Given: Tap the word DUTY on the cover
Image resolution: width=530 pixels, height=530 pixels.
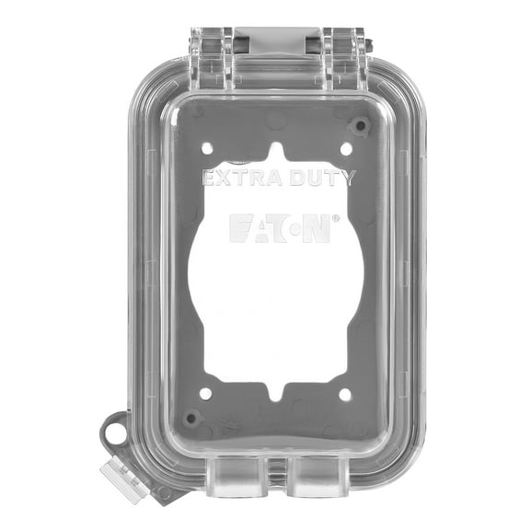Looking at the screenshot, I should [318, 178].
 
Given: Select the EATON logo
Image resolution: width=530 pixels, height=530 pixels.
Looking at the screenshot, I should [280, 228].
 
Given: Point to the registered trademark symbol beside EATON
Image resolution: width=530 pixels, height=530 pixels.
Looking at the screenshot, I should [336, 218].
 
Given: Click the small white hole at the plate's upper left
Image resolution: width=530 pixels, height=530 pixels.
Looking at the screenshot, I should [207, 147].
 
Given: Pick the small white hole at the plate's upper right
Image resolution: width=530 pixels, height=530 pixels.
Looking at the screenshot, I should [346, 148].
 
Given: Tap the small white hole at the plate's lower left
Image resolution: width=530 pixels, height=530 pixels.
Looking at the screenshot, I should [206, 393].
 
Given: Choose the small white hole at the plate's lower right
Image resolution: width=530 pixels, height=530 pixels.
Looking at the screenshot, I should [346, 394].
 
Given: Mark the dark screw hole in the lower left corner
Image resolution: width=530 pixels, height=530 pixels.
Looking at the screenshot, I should [192, 417].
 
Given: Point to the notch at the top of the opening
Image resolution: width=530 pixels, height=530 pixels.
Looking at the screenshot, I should [277, 150].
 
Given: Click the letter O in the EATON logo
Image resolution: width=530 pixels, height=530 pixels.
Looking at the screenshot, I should [291, 228].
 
